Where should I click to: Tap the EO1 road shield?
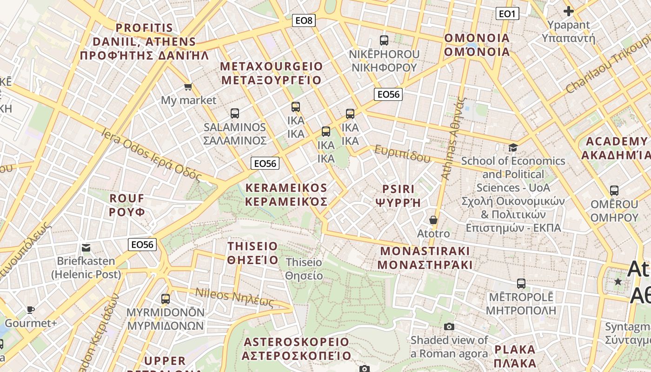[507, 14]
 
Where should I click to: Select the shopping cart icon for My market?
[188, 86]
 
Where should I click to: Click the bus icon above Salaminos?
[235, 113]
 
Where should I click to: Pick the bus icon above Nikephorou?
[384, 40]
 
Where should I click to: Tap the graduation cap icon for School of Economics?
[513, 147]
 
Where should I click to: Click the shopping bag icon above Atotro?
[433, 219]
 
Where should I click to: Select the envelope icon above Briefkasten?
[86, 247]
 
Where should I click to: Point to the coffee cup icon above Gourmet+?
[31, 310]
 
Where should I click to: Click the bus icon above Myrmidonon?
[166, 299]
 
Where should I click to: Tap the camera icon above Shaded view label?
[449, 326]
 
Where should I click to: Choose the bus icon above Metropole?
[521, 283]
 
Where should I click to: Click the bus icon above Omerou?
[614, 190]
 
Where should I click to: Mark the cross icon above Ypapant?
[568, 11]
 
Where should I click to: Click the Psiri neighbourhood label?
[398, 196]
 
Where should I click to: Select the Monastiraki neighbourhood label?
[425, 258]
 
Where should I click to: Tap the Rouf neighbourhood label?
[127, 205]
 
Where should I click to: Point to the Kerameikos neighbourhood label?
[286, 195]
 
